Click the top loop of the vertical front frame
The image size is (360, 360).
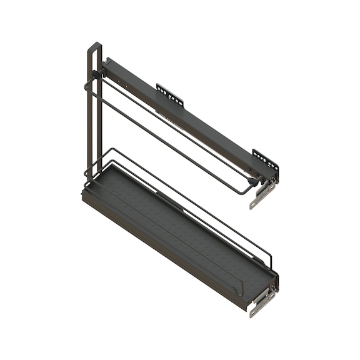[95, 46]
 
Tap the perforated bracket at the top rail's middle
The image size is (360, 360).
[169, 94]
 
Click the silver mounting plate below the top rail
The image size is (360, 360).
[262, 196]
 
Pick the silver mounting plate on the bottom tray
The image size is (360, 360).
[262, 303]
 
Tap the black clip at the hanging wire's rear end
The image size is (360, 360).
[252, 182]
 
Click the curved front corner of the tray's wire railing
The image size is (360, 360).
[94, 156]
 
